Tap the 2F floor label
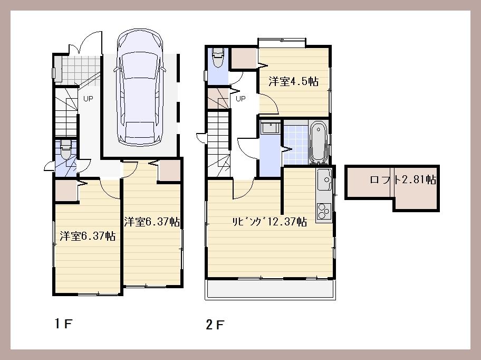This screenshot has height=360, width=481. point(215,325)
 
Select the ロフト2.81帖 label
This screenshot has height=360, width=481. point(403,179)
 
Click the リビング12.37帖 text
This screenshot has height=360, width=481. point(270,222)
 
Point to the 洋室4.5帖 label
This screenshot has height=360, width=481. point(293,82)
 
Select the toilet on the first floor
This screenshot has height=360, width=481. point(66,151)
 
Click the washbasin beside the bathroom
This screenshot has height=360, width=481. point(271,129)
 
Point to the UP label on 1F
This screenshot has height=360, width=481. point(88,99)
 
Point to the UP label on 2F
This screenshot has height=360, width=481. point(240,99)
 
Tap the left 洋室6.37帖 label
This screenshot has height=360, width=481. point(88,236)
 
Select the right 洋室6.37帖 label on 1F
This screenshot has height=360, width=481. point(152,222)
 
